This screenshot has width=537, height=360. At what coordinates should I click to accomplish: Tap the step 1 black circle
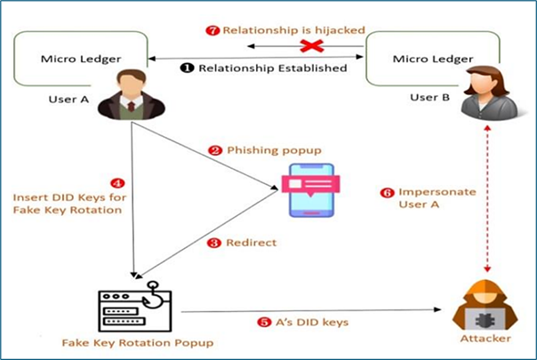tap(188, 68)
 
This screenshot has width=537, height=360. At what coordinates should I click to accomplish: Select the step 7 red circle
tap(212, 29)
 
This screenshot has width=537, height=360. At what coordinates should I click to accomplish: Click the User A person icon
tap(130, 93)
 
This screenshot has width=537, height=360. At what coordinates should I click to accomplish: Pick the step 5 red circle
tap(263, 322)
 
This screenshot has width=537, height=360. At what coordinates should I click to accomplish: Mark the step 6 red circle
tap(386, 191)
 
